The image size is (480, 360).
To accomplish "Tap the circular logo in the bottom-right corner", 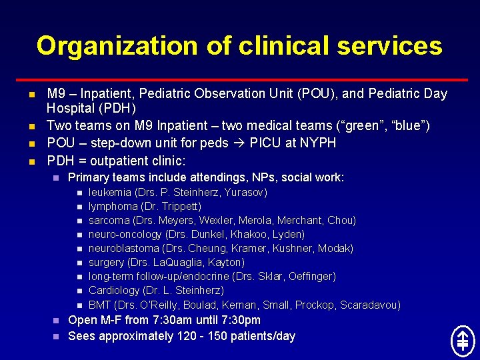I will tap(462, 341).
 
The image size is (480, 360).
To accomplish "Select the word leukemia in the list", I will tap(110, 193).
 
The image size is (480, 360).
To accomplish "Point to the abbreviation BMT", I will tap(100, 305).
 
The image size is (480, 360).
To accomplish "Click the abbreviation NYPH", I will tap(320, 143).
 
